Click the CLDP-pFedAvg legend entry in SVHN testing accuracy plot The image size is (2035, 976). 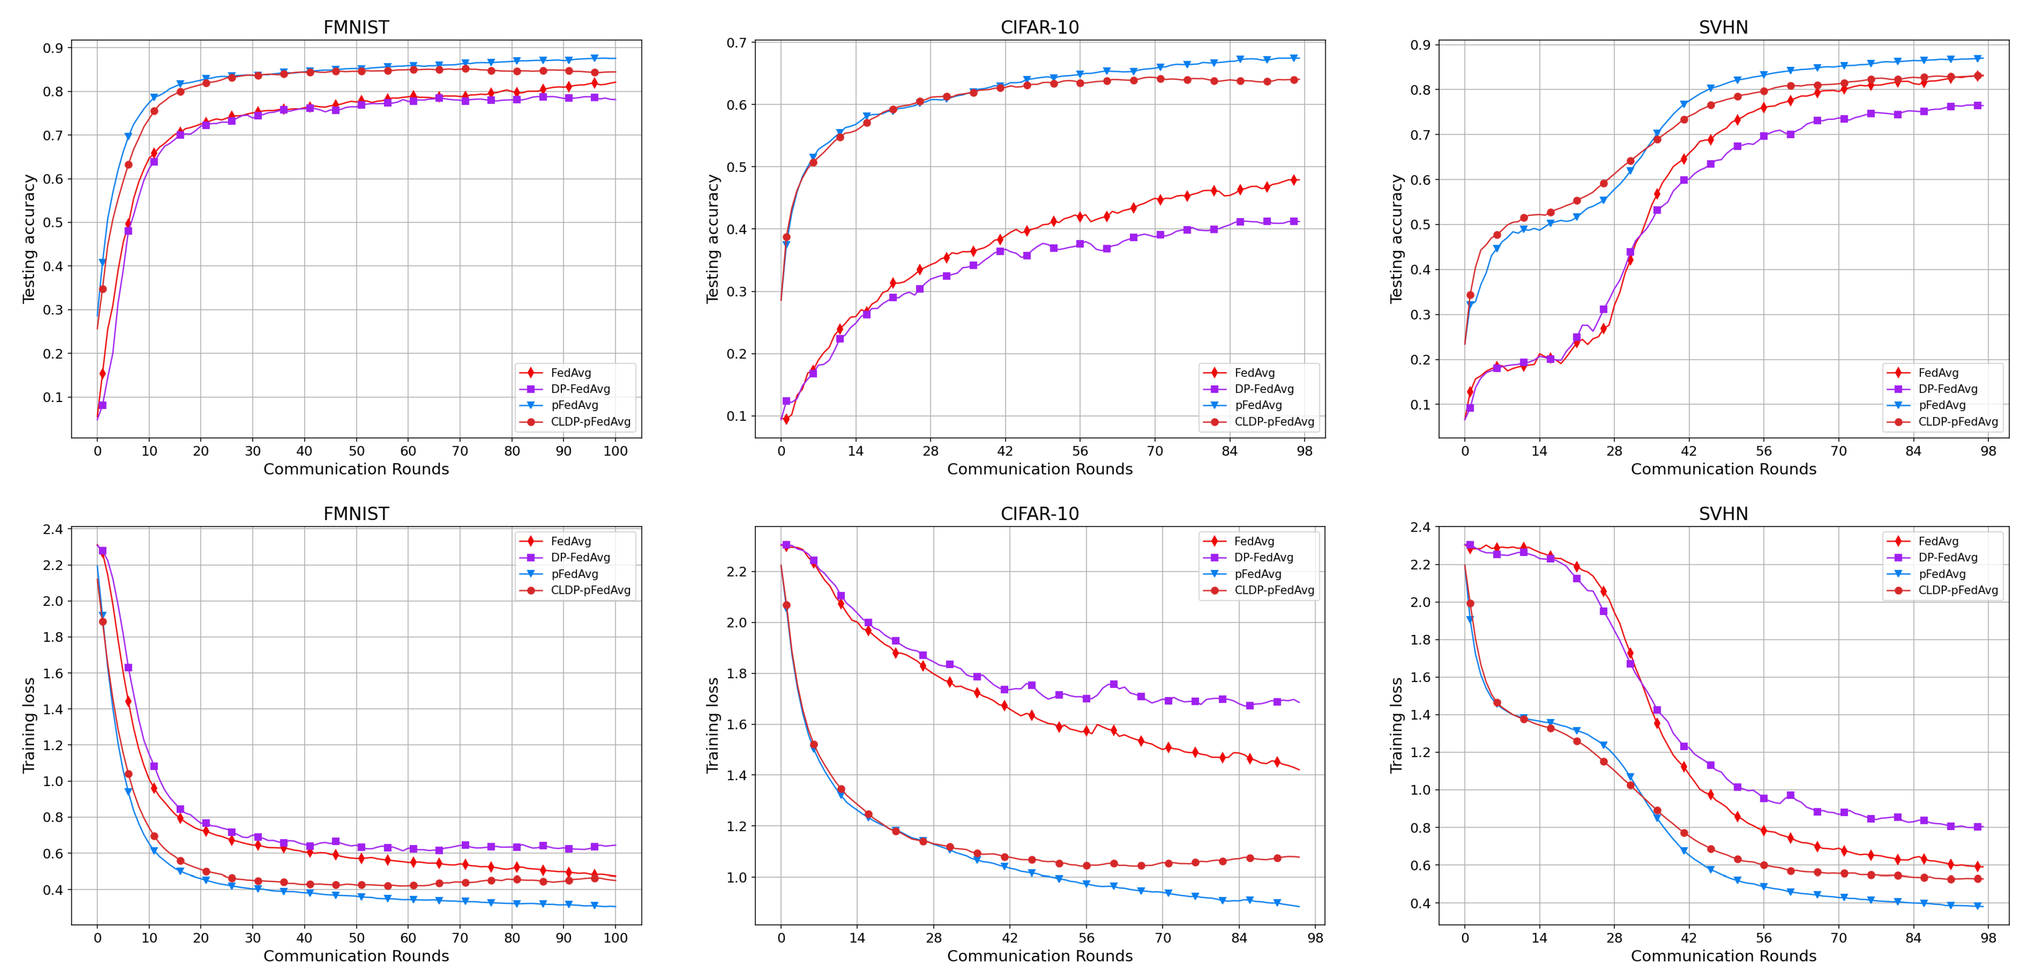click(x=1958, y=421)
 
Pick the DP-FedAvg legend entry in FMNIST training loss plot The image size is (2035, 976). click(x=580, y=557)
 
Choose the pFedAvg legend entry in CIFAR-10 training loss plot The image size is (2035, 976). click(x=1258, y=574)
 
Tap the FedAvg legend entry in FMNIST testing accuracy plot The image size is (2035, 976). click(x=571, y=372)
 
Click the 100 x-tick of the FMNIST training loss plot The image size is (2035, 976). click(x=615, y=938)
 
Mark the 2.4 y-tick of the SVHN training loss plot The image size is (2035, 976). click(x=1420, y=527)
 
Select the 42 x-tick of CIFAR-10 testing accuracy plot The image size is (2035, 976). click(x=1005, y=451)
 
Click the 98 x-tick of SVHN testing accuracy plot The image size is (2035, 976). click(x=1988, y=451)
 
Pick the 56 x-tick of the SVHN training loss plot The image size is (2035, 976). click(x=1763, y=938)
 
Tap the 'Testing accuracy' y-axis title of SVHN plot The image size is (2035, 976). click(x=1396, y=239)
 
